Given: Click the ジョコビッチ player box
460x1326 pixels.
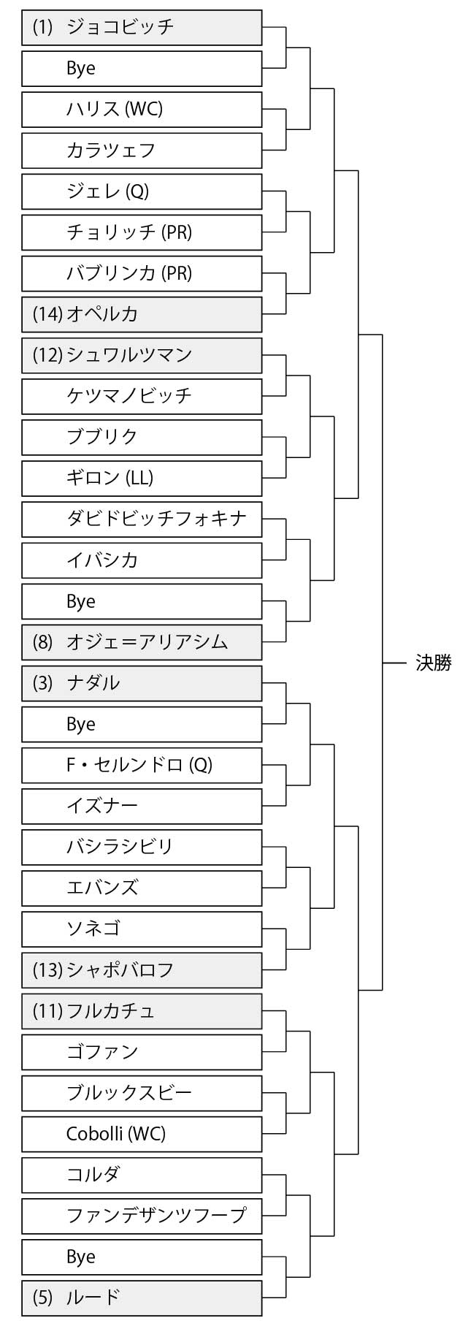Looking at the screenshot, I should tap(142, 28).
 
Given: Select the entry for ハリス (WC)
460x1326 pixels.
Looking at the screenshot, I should tap(142, 110).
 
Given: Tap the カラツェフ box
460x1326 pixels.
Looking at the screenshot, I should tap(142, 150).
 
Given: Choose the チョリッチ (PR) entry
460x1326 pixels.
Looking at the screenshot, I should tap(142, 232).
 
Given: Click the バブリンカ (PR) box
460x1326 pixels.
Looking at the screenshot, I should tap(142, 273).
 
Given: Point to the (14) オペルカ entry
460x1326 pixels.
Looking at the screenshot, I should tap(142, 314).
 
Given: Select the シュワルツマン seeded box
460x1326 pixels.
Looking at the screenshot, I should tap(142, 355).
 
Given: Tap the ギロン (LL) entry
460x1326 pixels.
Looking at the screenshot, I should tap(142, 478).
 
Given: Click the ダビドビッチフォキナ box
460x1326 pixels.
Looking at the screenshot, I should tap(142, 519).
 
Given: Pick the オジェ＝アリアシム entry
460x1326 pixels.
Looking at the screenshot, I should tap(142, 642).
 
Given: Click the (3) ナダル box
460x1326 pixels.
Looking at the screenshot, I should tap(142, 683).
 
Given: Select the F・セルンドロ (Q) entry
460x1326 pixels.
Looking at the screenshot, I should tap(142, 765).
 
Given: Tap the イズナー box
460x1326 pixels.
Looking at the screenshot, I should tap(142, 806).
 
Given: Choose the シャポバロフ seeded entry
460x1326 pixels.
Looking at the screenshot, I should tap(142, 970).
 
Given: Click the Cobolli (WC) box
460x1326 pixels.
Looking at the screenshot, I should tap(142, 1134).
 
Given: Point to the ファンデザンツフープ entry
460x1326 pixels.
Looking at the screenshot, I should tap(142, 1216).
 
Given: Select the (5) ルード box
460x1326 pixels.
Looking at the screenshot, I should tap(142, 1298).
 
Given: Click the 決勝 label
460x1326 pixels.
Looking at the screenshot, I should tap(433, 663).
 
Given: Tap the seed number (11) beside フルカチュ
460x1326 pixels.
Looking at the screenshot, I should tap(47, 1011).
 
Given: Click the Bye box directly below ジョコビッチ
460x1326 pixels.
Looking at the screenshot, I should tap(142, 69).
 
